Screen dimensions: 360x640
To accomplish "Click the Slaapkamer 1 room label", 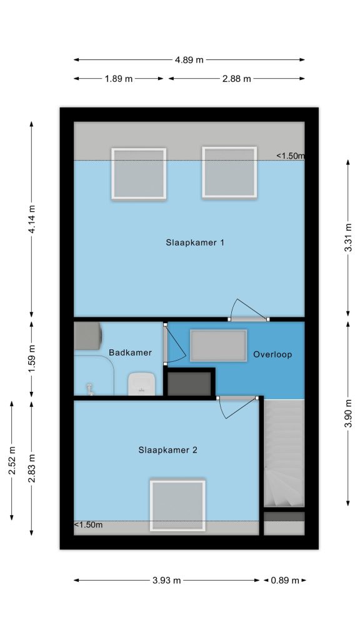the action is click(195, 242).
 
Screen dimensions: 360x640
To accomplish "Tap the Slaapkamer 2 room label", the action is click(167, 450).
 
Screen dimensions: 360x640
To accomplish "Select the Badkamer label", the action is click(130, 352).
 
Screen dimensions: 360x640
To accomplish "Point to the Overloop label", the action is click(272, 354).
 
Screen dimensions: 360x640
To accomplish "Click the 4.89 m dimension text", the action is click(189, 60).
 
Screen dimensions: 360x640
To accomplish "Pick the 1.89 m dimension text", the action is click(119, 79).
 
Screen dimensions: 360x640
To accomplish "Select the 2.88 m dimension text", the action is click(237, 79).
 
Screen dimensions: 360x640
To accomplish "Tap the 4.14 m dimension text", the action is click(32, 219).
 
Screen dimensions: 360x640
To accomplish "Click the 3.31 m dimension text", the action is click(348, 237).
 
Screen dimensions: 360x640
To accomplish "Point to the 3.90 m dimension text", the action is click(348, 414).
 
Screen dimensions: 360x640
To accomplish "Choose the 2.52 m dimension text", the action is click(12, 461).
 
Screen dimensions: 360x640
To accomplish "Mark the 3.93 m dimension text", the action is click(166, 581).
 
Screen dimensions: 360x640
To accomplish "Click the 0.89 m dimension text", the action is click(285, 581).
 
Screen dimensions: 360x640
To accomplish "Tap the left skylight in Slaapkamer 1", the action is click(139, 174).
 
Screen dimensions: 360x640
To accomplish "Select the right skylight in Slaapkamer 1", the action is click(229, 172).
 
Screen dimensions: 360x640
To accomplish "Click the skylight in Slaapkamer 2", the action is click(177, 506).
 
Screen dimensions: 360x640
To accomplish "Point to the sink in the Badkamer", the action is click(141, 384).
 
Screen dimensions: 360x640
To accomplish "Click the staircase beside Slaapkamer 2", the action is click(284, 453).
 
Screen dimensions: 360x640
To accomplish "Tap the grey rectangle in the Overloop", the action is click(218, 345).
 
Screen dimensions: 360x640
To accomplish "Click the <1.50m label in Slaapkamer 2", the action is click(89, 525).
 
